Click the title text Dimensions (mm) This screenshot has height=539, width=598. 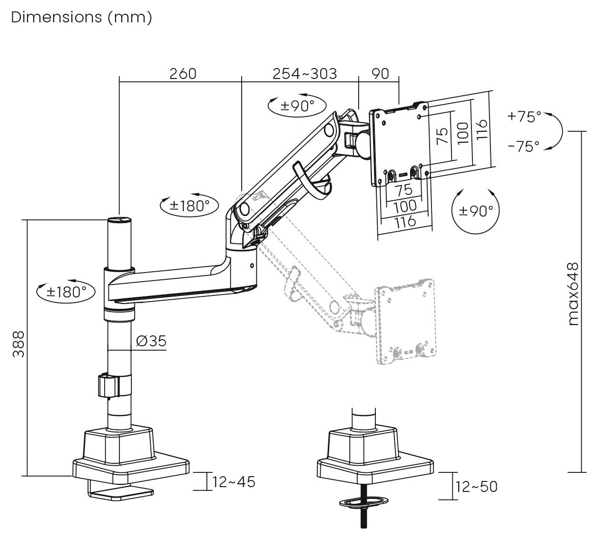pyautogui.click(x=81, y=18)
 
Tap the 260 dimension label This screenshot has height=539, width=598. pyautogui.click(x=183, y=74)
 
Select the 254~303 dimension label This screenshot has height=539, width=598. pyautogui.click(x=304, y=74)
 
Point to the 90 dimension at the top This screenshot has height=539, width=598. pyautogui.click(x=380, y=74)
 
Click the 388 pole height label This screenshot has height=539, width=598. pyautogui.click(x=19, y=344)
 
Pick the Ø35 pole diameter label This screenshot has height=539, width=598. pyautogui.click(x=151, y=341)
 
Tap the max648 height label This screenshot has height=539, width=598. pyautogui.click(x=573, y=294)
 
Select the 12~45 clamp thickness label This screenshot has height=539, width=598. pyautogui.click(x=234, y=482)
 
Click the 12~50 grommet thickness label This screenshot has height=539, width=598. pyautogui.click(x=476, y=487)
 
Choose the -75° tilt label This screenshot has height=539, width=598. pyautogui.click(x=524, y=146)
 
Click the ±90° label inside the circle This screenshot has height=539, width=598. pyautogui.click(x=476, y=211)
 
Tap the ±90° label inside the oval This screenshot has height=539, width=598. pyautogui.click(x=297, y=106)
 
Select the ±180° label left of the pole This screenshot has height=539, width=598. pyautogui.click(x=66, y=292)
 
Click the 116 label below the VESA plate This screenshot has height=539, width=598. pyautogui.click(x=405, y=222)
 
